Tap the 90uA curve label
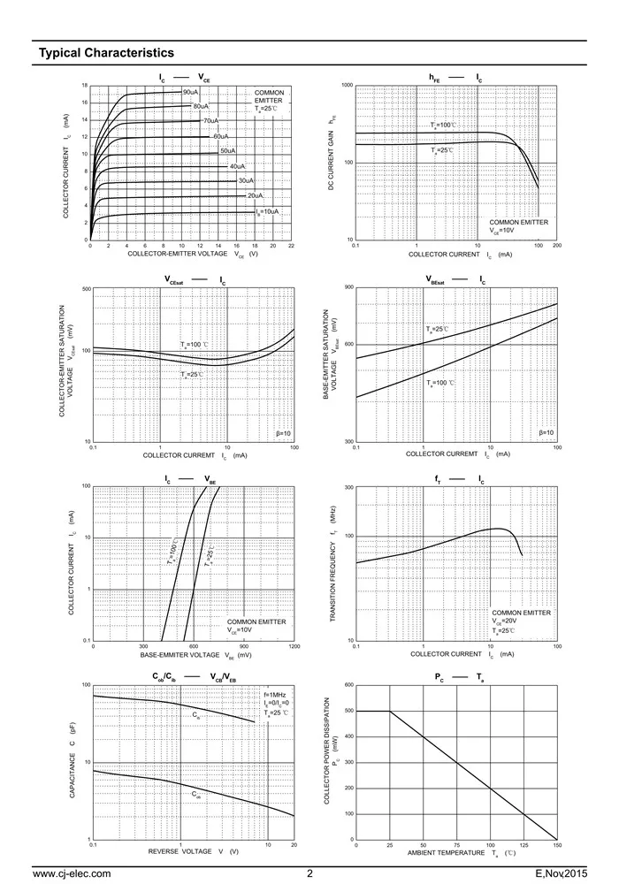pos(190,92)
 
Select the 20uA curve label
pos(255,195)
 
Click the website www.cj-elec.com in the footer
pos(72,874)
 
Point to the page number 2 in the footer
pos(310,874)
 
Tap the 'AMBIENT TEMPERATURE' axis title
pos(446,853)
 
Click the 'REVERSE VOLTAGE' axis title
pos(180,851)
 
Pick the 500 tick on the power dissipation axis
pos(348,711)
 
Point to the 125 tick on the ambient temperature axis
pos(523,846)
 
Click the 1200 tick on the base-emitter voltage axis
pos(294,646)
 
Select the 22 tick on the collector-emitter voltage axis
pos(291,246)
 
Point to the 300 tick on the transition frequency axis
pos(348,488)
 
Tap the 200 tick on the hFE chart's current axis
pos(557,246)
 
